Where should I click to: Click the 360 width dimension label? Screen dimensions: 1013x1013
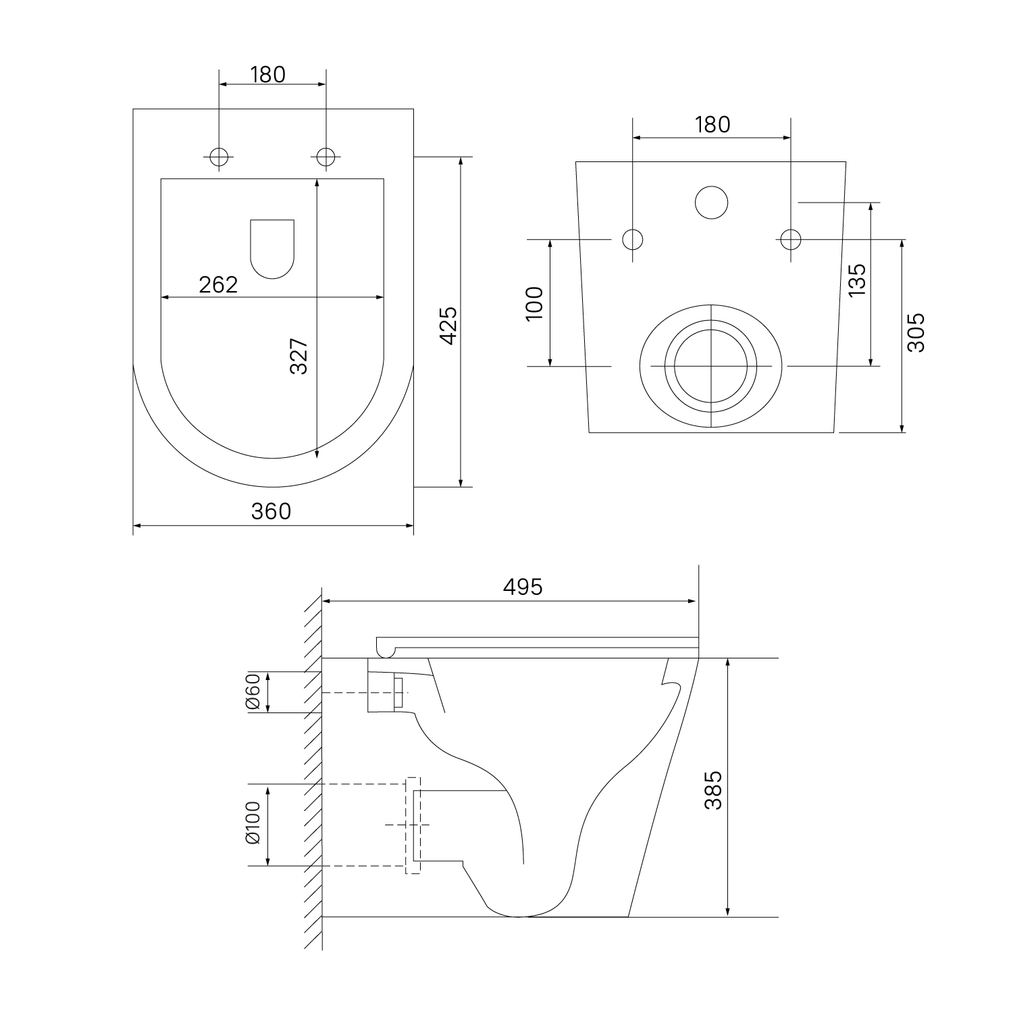point(271,511)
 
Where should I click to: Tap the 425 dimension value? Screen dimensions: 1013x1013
point(448,326)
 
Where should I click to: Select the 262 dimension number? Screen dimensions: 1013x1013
point(219,285)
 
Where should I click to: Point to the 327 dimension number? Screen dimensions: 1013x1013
point(298,356)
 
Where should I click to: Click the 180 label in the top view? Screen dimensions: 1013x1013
point(268,75)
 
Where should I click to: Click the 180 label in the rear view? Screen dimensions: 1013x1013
point(712,125)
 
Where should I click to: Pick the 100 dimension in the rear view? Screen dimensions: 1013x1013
point(534,303)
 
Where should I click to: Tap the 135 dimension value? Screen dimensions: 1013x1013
point(856,279)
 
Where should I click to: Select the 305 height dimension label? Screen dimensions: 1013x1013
point(916,332)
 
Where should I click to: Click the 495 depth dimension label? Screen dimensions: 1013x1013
point(523,588)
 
